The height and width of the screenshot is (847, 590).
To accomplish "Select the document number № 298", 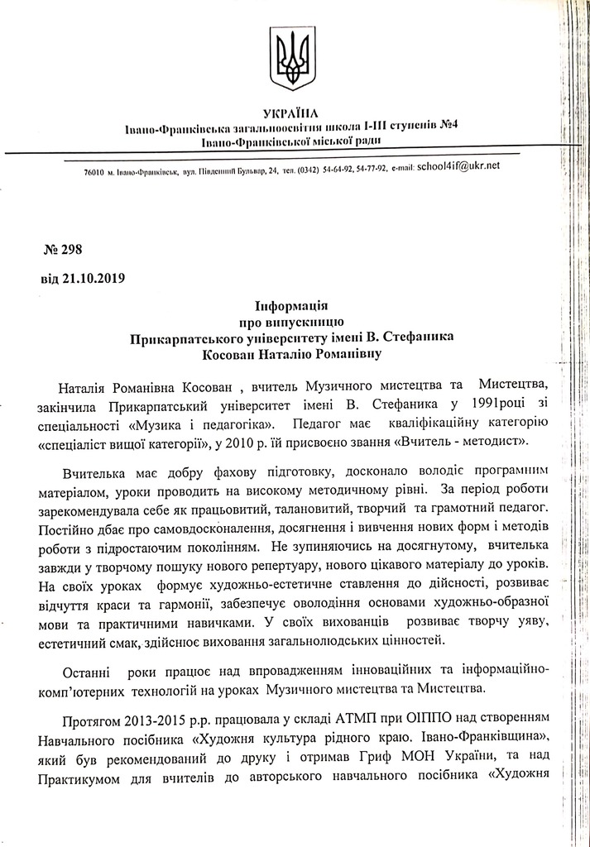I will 62,250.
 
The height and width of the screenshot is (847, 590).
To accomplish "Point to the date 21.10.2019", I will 93,278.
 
